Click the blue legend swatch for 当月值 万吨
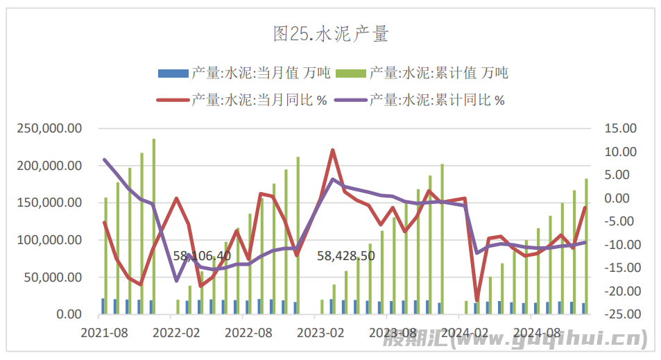173,73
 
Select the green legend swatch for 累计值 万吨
351,73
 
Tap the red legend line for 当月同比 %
173,100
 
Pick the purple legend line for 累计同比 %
351,100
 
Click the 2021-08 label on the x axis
105,333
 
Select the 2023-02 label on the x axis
320,333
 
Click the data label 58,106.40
202,256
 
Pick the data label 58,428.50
346,256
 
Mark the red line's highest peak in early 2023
333,150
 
